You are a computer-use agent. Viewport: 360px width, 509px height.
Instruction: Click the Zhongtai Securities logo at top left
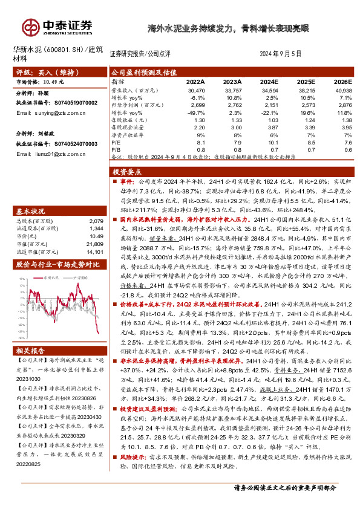click(57, 25)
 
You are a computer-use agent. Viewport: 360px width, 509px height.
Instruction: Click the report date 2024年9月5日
click(280, 54)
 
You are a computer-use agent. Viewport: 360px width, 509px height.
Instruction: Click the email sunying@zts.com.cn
click(44, 112)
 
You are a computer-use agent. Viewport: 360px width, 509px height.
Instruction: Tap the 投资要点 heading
click(128, 172)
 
